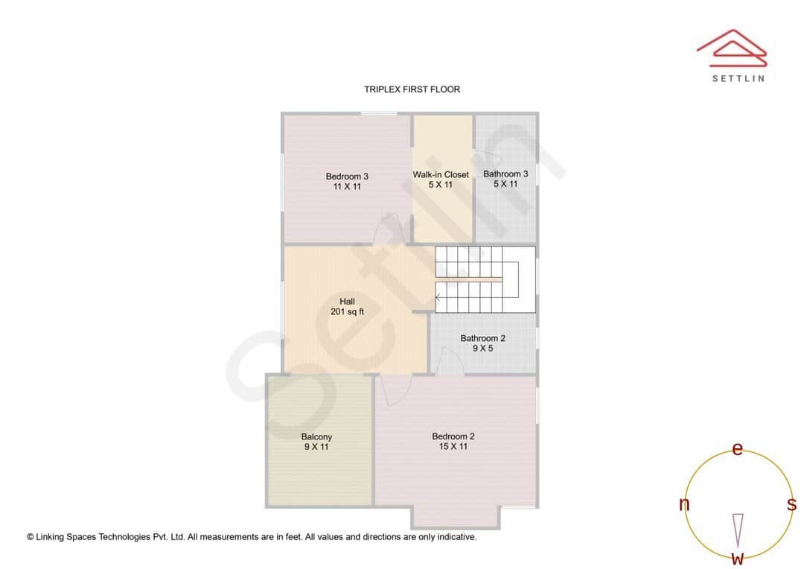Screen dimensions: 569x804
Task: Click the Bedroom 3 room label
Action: [x=347, y=177]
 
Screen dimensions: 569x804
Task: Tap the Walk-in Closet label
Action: [x=441, y=174]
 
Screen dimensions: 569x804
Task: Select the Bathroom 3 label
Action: [x=505, y=174]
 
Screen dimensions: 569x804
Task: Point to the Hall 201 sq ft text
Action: [x=347, y=307]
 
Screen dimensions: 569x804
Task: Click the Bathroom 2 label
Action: [x=482, y=338]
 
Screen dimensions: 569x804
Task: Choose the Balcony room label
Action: [x=316, y=437]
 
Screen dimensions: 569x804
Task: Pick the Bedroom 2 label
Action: [x=453, y=436]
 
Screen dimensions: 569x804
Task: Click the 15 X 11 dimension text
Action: [x=453, y=447]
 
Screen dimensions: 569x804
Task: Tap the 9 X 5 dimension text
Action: [x=482, y=348]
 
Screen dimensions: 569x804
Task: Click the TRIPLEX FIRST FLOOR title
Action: [x=412, y=89]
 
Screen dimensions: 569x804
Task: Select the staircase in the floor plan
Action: [x=484, y=279]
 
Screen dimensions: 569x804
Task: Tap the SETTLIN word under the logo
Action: [x=738, y=78]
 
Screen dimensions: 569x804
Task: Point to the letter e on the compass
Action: [x=738, y=449]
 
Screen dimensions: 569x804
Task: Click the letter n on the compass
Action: [x=684, y=504]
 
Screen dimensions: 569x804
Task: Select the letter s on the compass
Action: [x=791, y=504]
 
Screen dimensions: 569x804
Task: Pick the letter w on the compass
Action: [x=738, y=558]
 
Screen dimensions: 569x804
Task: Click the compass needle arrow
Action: [x=738, y=529]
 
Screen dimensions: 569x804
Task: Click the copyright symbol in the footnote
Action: [x=31, y=536]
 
